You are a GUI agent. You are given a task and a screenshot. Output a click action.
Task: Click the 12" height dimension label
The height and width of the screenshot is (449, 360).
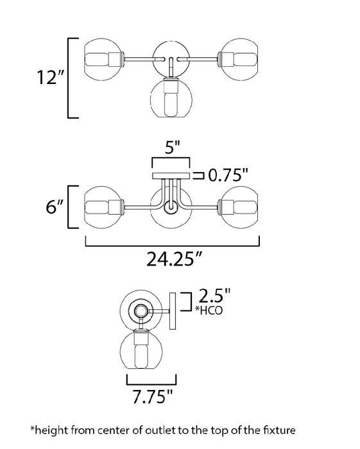pyautogui.click(x=49, y=78)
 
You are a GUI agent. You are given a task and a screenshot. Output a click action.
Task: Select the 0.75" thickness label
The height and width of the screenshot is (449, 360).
pyautogui.click(x=228, y=175)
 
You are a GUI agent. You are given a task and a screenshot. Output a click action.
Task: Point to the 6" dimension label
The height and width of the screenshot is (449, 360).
pyautogui.click(x=55, y=207)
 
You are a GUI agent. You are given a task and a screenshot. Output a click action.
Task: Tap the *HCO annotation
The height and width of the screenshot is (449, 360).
pyautogui.click(x=209, y=310)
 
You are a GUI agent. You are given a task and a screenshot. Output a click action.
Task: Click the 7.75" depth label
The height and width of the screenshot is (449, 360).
pyautogui.click(x=153, y=396)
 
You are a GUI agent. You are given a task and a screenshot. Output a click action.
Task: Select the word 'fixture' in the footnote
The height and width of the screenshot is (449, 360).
pyautogui.click(x=280, y=430)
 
